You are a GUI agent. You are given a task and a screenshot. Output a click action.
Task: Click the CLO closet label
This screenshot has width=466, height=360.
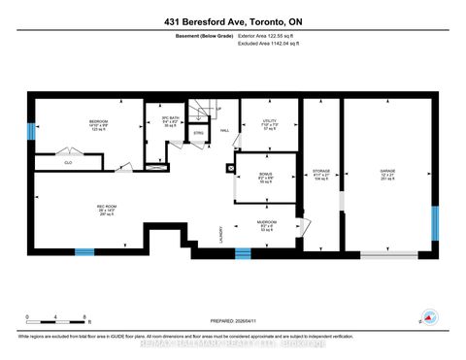click(68, 162)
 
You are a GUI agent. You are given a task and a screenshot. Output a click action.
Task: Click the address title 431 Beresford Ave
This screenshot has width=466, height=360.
click(232, 18)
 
